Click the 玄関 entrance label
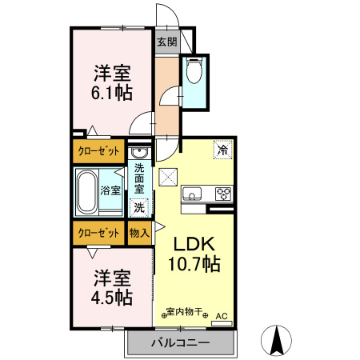(x=166, y=42)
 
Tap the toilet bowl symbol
(x=194, y=73)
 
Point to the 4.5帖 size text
(x=111, y=295)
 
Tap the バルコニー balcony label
(x=180, y=343)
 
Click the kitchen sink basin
(x=193, y=194)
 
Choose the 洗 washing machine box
(x=139, y=206)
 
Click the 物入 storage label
(x=139, y=233)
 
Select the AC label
(x=222, y=318)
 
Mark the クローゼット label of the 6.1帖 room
(x=98, y=150)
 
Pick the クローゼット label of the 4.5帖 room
(x=98, y=233)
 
